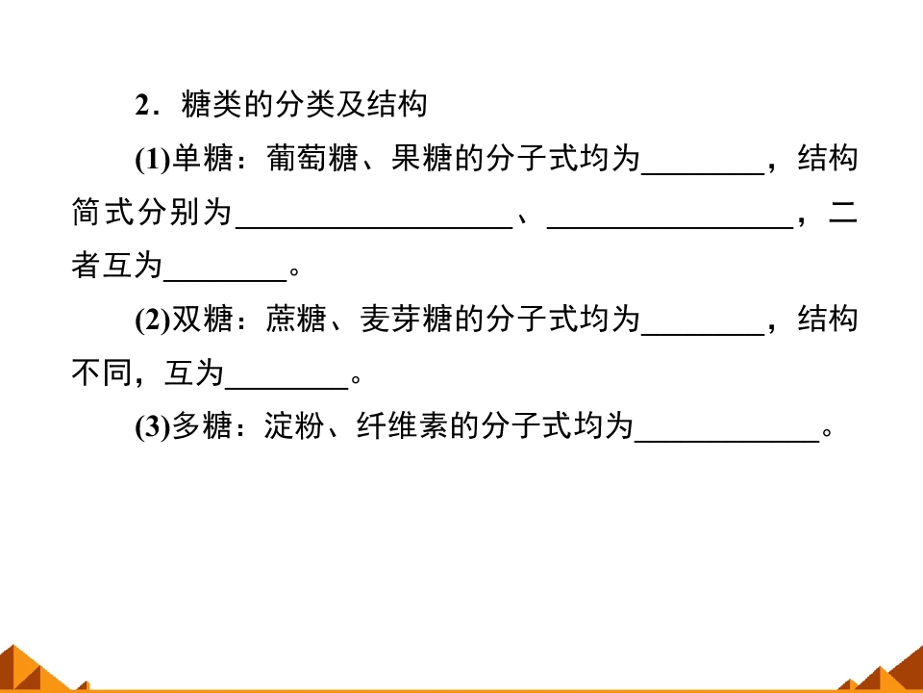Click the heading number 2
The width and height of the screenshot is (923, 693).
(143, 106)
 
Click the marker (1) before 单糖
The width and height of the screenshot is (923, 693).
(153, 159)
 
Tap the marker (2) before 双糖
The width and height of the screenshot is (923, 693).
(153, 320)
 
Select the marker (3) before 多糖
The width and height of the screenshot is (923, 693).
(153, 426)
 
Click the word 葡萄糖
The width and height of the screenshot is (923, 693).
(312, 159)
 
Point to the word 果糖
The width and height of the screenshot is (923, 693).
(421, 159)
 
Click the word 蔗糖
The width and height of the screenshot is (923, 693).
(296, 319)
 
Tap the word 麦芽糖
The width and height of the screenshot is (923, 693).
(406, 319)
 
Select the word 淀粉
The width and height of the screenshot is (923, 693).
(294, 425)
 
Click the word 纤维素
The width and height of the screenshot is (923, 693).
(402, 425)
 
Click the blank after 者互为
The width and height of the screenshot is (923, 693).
(225, 280)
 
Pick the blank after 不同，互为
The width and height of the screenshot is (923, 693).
(287, 388)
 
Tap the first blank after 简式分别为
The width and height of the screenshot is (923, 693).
(374, 227)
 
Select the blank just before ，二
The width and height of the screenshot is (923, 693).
(670, 227)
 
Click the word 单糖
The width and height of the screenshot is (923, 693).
(202, 159)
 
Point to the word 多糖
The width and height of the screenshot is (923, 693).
(202, 425)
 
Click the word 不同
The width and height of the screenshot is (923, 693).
(102, 373)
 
